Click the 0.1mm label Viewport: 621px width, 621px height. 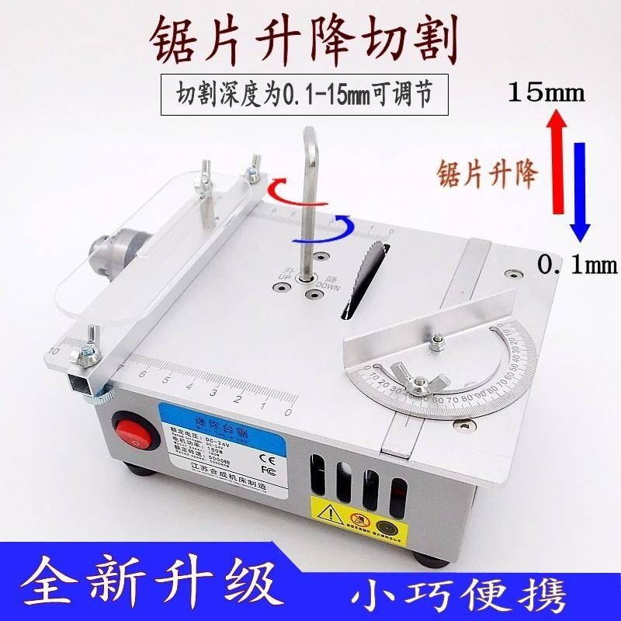[x=577, y=266]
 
